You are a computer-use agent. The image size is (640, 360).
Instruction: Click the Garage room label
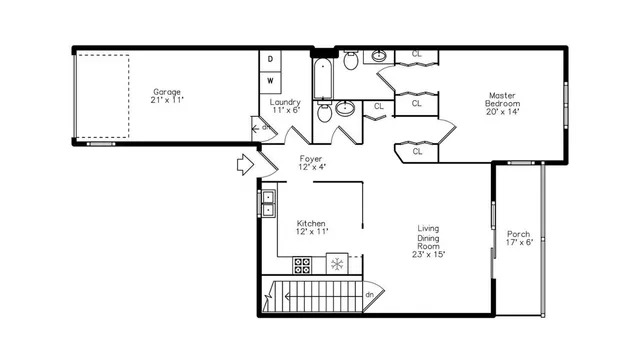[x=167, y=91]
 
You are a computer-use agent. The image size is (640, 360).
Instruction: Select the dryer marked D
[x=270, y=58]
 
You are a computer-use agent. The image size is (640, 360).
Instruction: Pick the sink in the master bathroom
[x=380, y=54]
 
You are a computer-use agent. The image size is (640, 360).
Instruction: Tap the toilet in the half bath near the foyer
[x=325, y=114]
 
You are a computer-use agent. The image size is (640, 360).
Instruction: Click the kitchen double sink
[x=269, y=203]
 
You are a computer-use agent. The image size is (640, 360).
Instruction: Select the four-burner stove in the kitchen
[x=303, y=265]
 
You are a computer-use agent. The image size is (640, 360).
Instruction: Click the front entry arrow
[x=246, y=165]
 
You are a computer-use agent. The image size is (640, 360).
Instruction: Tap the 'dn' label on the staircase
[x=369, y=294]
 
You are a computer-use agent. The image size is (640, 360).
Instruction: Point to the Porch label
[x=518, y=234]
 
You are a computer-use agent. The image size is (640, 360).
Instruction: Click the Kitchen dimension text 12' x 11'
[x=311, y=232]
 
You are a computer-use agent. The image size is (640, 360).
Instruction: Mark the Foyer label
[x=311, y=158]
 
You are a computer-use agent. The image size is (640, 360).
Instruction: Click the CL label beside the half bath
[x=379, y=106]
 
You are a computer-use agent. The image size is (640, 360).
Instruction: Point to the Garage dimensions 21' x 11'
[x=167, y=100]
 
